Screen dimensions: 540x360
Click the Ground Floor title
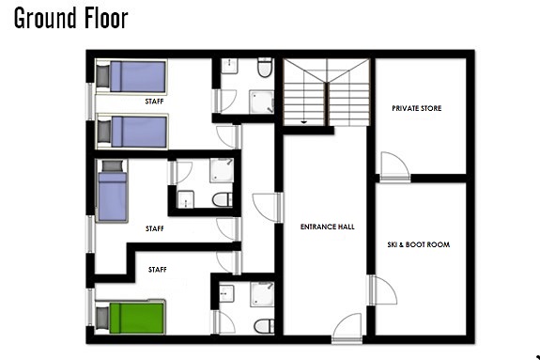pyautogui.click(x=71, y=18)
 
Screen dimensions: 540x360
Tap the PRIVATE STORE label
pyautogui.click(x=417, y=108)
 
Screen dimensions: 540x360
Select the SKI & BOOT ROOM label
pyautogui.click(x=419, y=244)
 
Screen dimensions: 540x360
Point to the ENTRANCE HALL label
pyautogui.click(x=327, y=227)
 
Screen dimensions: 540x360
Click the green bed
pyautogui.click(x=131, y=318)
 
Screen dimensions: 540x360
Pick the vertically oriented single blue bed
pyautogui.click(x=112, y=191)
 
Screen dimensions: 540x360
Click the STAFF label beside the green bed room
pyautogui.click(x=158, y=270)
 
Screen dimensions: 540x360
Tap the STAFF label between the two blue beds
pyautogui.click(x=154, y=102)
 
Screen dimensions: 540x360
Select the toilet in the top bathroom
pyautogui.click(x=265, y=68)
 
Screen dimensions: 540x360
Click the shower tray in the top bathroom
pyautogui.click(x=261, y=102)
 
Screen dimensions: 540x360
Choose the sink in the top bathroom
pyautogui.click(x=228, y=66)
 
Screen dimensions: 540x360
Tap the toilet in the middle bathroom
pyautogui.click(x=223, y=199)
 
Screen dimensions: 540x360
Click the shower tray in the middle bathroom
pyautogui.click(x=222, y=170)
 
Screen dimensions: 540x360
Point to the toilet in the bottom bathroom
pyautogui.click(x=264, y=326)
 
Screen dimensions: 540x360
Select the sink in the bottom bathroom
pyautogui.click(x=226, y=293)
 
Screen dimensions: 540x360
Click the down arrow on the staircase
pyautogui.click(x=303, y=122)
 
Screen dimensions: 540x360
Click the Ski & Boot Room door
pyautogui.click(x=382, y=290)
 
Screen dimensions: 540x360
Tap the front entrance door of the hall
pyautogui.click(x=347, y=328)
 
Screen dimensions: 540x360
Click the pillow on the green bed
pyautogui.click(x=102, y=318)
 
